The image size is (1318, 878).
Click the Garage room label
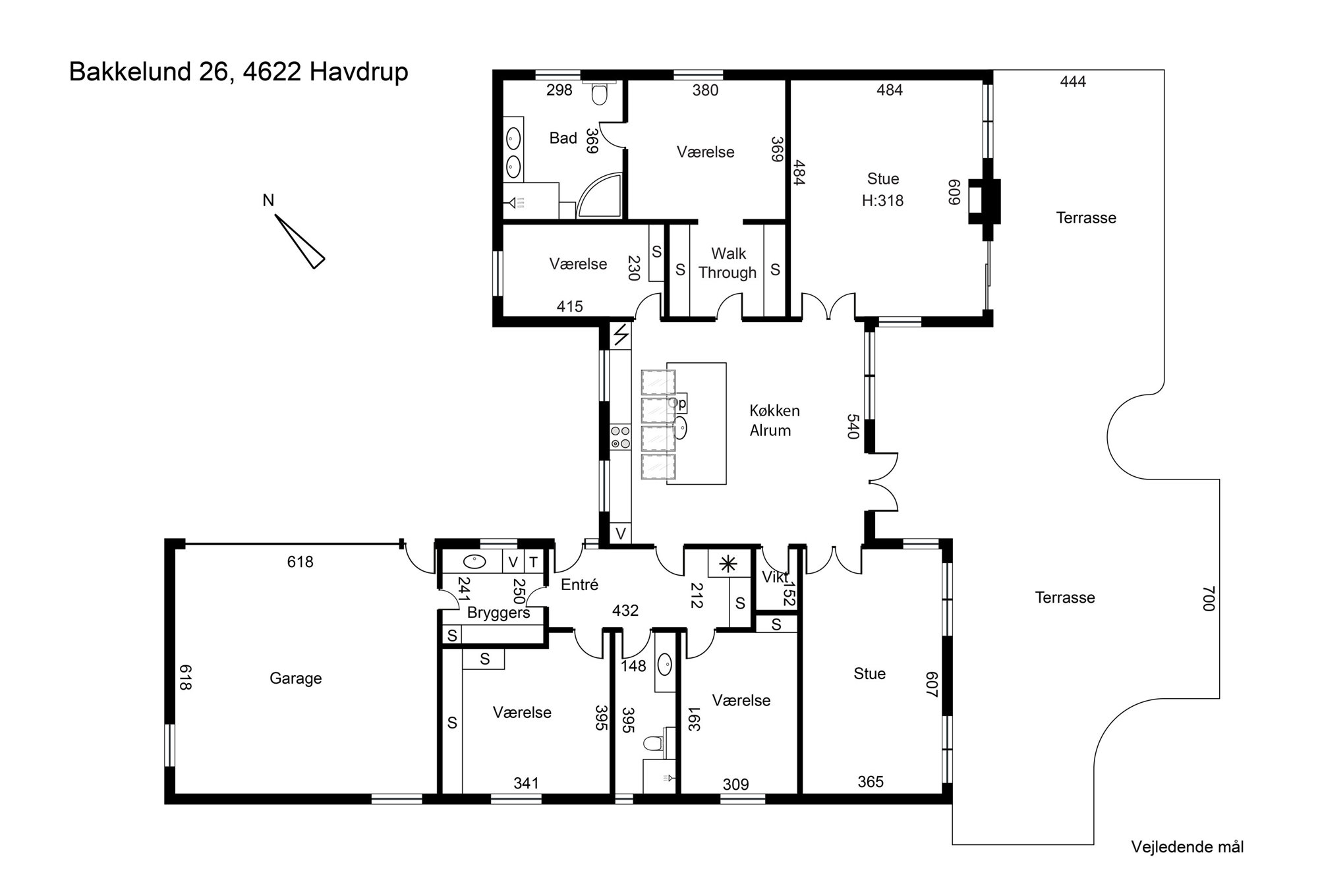point(295,678)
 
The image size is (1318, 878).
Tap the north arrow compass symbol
point(300,241)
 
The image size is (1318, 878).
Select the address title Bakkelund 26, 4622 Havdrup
point(239,72)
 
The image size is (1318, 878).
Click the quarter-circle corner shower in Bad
point(600,196)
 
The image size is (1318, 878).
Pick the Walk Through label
point(728,263)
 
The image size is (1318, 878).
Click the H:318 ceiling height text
point(882,200)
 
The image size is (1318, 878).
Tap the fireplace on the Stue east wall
point(984,201)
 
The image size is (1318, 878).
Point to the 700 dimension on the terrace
point(1207,598)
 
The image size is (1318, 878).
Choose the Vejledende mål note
point(1188,847)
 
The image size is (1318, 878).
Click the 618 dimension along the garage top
point(300,562)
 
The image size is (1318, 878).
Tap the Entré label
point(579,584)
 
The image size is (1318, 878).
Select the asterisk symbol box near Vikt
point(728,563)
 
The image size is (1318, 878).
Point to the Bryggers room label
point(499,613)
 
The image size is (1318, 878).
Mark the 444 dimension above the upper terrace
point(1073,82)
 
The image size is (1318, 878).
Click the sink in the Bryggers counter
point(474,562)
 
